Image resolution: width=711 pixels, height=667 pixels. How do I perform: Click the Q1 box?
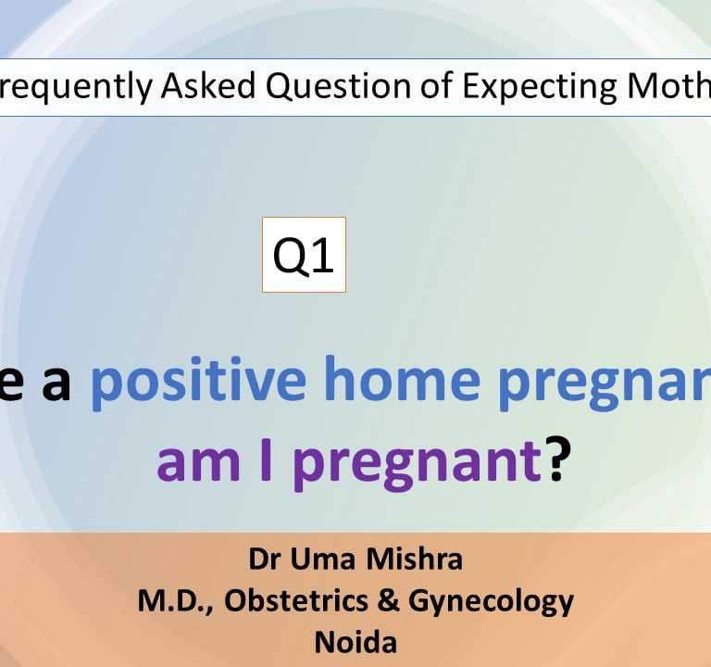tap(304, 255)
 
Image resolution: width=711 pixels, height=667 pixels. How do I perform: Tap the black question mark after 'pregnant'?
tap(556, 460)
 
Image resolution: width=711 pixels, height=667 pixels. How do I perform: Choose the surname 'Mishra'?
tap(413, 560)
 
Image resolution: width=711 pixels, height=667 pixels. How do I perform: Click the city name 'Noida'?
tap(355, 643)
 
